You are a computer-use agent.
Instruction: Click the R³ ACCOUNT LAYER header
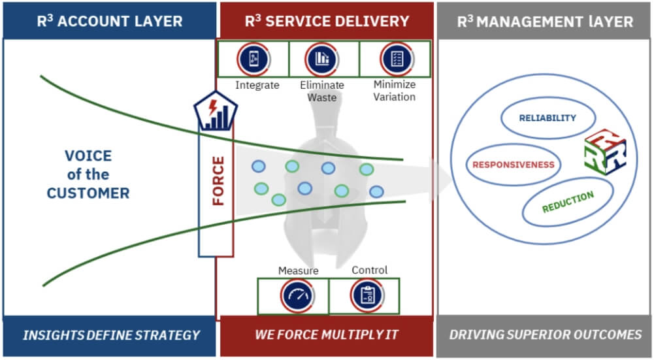pyautogui.click(x=109, y=20)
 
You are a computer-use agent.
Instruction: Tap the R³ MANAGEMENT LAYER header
pyautogui.click(x=544, y=21)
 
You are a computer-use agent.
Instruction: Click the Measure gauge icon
pyautogui.click(x=298, y=296)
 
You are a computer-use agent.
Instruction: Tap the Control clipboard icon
pyautogui.click(x=366, y=296)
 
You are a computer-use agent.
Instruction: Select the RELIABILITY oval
pyautogui.click(x=548, y=118)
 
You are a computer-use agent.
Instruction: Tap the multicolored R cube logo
pyautogui.click(x=605, y=152)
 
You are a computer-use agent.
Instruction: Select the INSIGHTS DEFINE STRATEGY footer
pyautogui.click(x=110, y=335)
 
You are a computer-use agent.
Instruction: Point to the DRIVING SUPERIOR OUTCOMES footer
pyautogui.click(x=545, y=335)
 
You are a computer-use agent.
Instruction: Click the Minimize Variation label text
pyautogui.click(x=394, y=91)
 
